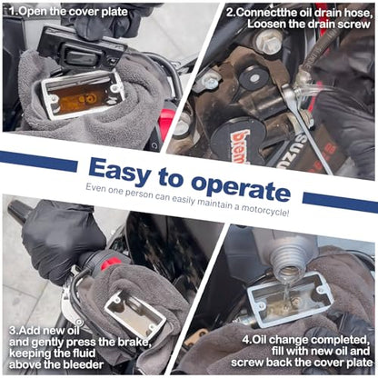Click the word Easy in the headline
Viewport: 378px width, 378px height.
click(120, 171)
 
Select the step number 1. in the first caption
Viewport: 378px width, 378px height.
click(14, 12)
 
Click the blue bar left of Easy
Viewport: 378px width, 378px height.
click(38, 161)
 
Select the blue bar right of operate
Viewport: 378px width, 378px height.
click(340, 202)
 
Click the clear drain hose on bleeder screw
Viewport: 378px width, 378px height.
click(316, 90)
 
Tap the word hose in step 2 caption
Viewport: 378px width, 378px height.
click(357, 13)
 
